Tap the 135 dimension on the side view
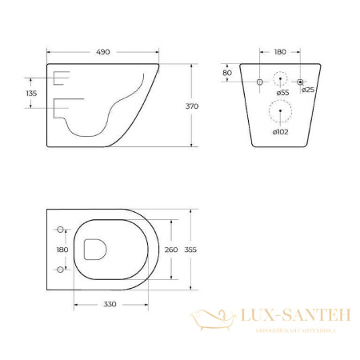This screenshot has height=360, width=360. (x=32, y=93)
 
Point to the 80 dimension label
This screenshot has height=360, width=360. (x=228, y=73)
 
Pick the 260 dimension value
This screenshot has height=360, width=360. (x=170, y=250)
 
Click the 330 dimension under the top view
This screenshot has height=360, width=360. (x=109, y=304)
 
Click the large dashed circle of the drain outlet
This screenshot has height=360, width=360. (x=281, y=110)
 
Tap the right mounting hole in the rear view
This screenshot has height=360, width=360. (x=300, y=82)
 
